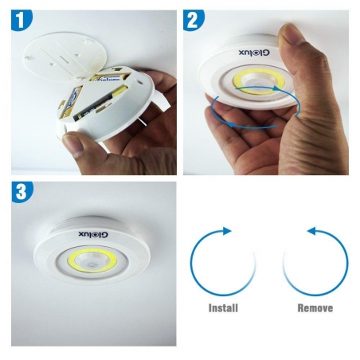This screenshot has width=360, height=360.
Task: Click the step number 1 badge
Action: tap(20, 18)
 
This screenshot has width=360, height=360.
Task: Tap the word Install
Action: tap(223, 307)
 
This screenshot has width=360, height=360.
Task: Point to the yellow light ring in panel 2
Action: tap(255, 81)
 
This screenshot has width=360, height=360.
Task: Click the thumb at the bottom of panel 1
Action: tap(80, 145)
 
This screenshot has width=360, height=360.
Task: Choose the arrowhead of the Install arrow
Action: tap(228, 232)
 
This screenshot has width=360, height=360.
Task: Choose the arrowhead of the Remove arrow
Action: tap(311, 232)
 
